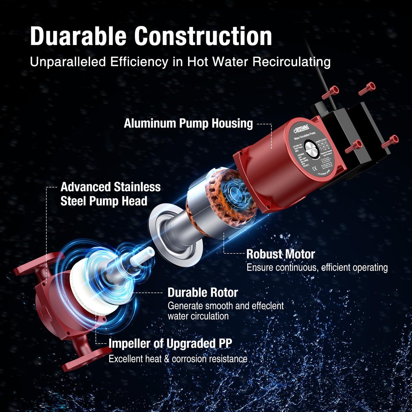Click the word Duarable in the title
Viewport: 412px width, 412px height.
[78, 36]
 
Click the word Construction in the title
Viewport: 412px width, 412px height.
[203, 36]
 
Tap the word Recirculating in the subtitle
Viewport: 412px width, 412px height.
[291, 62]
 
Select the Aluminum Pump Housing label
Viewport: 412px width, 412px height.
[188, 123]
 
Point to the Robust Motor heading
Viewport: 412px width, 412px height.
[281, 254]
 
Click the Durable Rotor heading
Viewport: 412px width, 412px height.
[203, 293]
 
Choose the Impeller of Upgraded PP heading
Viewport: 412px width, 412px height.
[170, 343]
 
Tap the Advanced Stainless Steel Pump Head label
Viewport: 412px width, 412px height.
[110, 194]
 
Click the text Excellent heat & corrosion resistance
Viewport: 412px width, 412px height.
[178, 359]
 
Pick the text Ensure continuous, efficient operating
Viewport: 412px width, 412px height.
[317, 267]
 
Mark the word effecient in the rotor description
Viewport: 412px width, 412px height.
[267, 306]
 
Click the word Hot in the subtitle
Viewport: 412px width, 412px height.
[199, 62]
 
